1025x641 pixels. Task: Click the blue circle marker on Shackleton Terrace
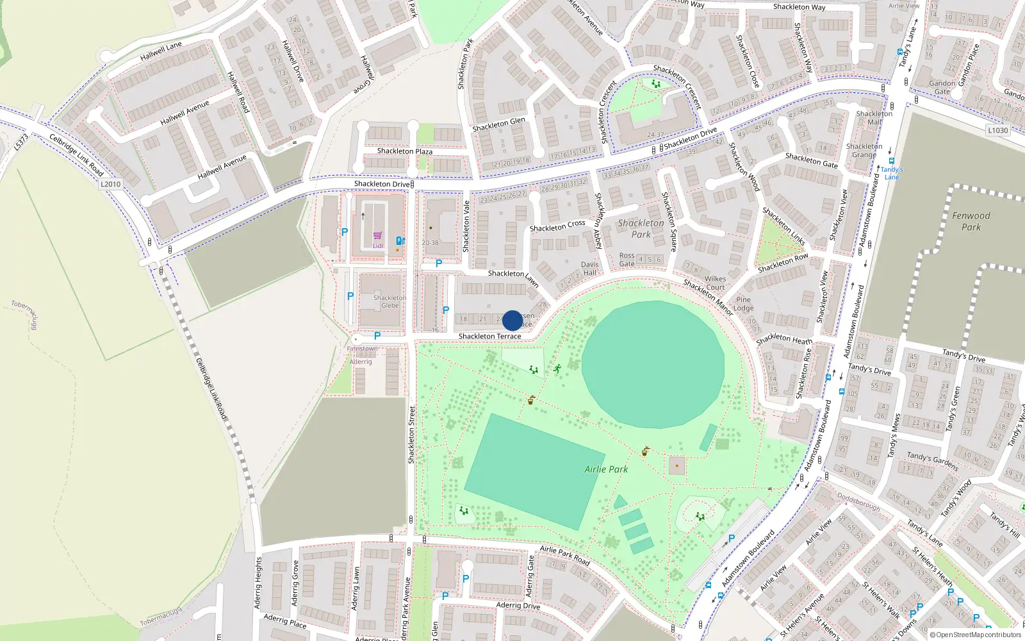(512, 320)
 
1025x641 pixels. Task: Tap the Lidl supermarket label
(378, 246)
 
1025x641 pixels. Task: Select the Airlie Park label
(606, 469)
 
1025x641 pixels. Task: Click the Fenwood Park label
(971, 221)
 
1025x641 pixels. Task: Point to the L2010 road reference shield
(110, 184)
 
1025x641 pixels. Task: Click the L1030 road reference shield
(997, 130)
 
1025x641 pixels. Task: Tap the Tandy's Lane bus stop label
(892, 174)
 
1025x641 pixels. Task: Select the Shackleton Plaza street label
(404, 151)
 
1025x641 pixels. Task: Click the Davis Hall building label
(589, 269)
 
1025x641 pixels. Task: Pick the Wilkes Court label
(715, 283)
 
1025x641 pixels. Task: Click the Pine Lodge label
(743, 304)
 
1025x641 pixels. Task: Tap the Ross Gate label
(627, 260)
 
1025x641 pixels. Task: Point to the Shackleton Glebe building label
(389, 301)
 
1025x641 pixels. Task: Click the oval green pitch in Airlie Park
(653, 364)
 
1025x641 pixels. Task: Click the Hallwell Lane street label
(161, 51)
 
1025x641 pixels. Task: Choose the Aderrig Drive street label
(518, 605)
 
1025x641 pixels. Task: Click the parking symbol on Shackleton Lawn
(439, 263)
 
